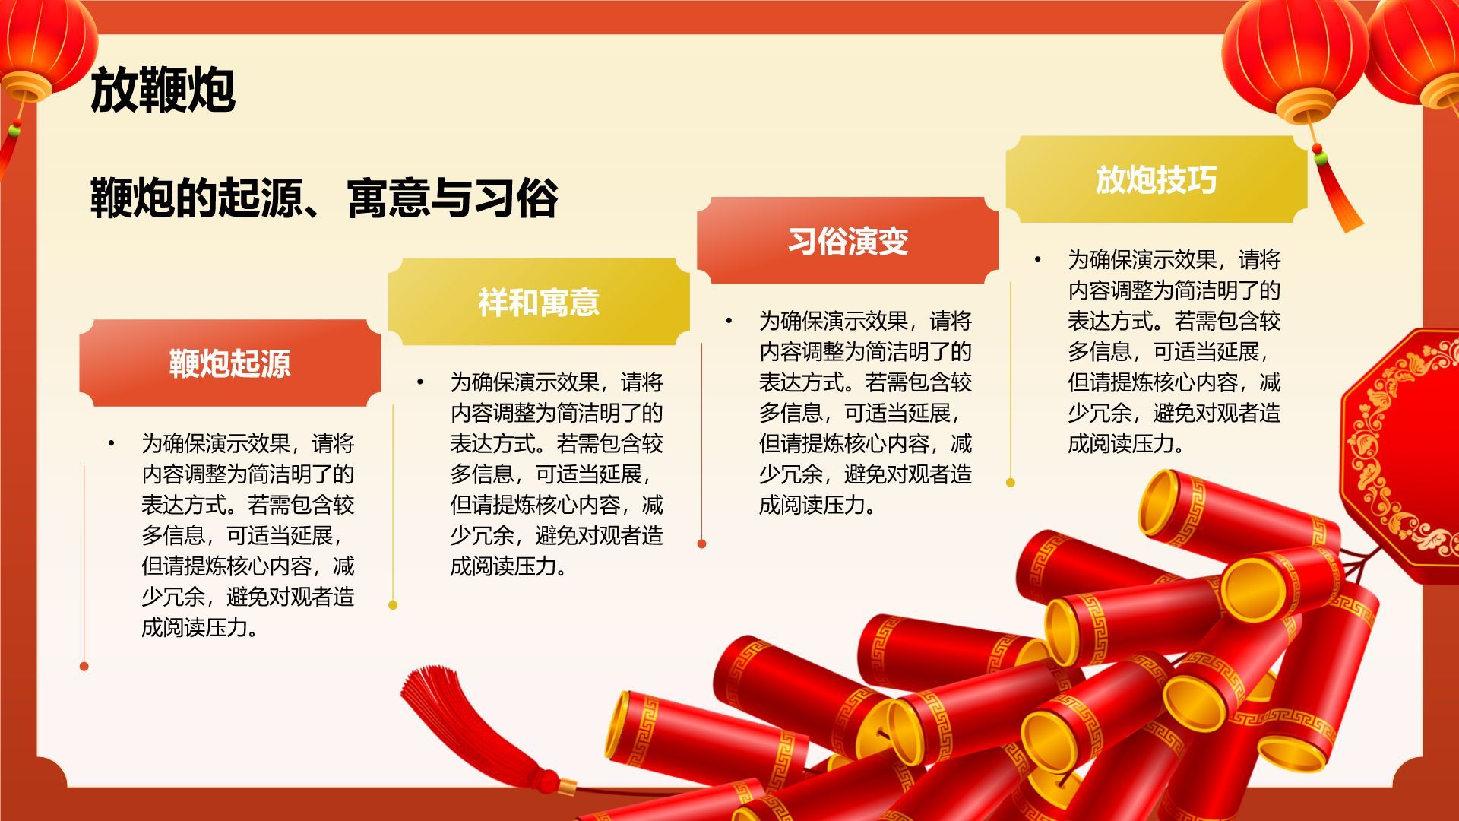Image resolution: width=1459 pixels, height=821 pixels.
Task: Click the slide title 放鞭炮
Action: pos(163,90)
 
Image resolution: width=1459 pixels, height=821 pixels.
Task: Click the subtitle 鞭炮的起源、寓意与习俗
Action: pos(324,198)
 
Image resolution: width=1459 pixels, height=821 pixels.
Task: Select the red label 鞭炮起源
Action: pos(229,363)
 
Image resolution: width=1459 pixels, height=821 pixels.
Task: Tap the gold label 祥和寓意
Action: pos(539,302)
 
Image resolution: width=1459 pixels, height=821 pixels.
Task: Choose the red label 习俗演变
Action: pos(847,241)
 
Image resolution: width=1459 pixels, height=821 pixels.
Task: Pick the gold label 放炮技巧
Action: pos(1156,180)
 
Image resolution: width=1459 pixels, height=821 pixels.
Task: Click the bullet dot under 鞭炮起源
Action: pos(112,442)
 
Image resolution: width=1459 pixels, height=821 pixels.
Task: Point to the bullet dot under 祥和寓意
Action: pos(420,382)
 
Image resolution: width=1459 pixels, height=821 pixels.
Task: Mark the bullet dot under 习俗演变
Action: pos(729,321)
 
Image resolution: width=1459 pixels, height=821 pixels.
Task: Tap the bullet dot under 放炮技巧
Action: pos(1037,259)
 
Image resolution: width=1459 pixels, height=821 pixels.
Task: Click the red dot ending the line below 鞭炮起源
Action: pos(84,667)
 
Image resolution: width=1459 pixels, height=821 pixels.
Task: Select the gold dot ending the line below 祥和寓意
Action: pos(393,605)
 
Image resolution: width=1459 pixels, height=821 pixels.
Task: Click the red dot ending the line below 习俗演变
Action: pos(701,544)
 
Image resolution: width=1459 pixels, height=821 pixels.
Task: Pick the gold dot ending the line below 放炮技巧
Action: pos(1010,482)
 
